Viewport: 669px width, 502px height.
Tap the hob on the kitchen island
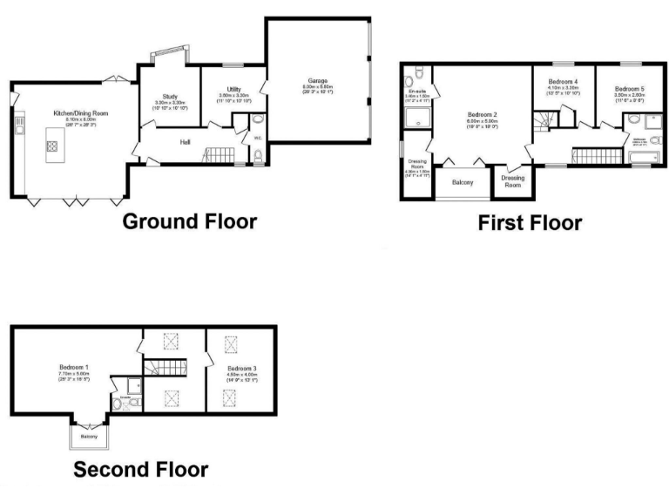(x=51, y=146)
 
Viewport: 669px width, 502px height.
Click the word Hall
(x=186, y=141)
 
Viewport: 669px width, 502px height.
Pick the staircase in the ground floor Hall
(x=217, y=156)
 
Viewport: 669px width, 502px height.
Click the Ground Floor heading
(x=189, y=220)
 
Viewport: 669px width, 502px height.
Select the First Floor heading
(x=530, y=223)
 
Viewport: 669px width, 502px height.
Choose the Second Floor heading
(x=140, y=470)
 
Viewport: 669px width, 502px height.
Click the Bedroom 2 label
(x=482, y=115)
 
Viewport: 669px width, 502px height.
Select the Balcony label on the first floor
(x=462, y=182)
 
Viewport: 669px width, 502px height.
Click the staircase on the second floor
(x=159, y=372)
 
